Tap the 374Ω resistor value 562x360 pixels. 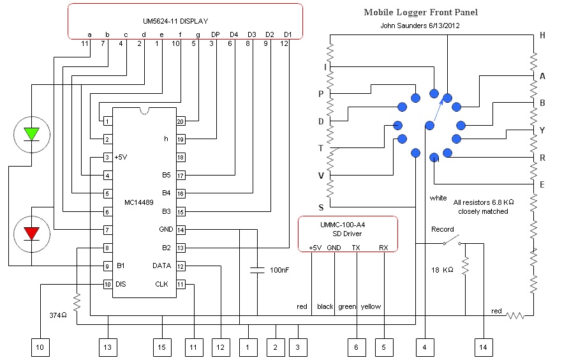pos(58,315)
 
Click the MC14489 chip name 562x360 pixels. pos(138,203)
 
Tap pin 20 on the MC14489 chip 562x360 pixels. pos(181,121)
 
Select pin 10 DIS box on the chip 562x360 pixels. pos(108,284)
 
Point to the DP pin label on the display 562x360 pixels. pos(216,34)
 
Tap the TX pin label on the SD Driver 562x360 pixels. pos(356,247)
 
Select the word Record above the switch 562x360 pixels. pos(442,229)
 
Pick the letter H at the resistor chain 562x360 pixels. pos(542,36)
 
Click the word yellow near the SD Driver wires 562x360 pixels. pos(371,306)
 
